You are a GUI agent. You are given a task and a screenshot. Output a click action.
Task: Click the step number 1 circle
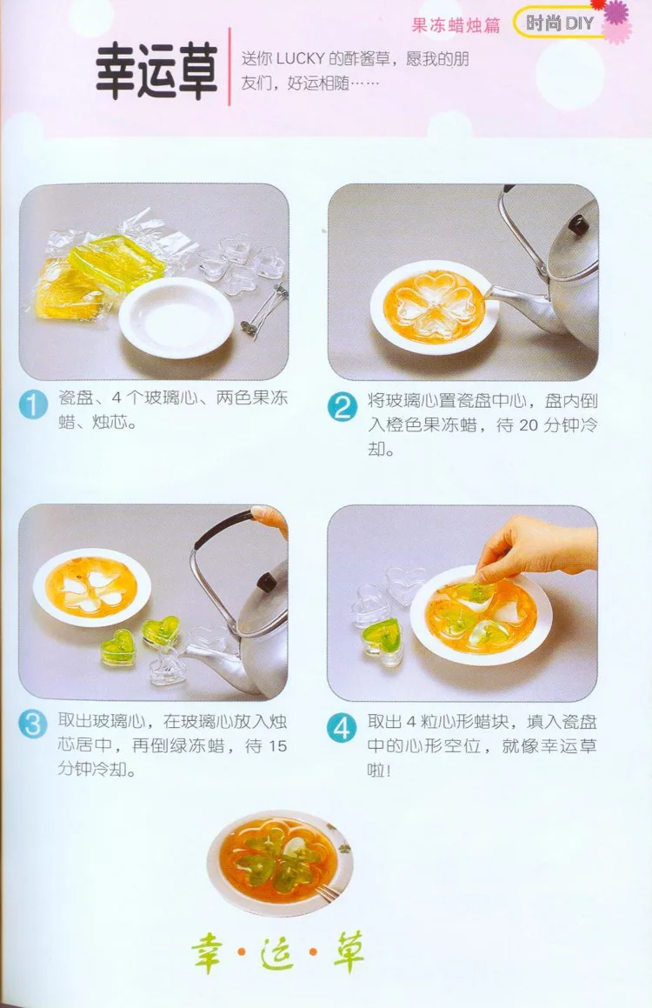pyautogui.click(x=33, y=405)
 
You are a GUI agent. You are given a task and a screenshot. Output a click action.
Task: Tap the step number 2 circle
pyautogui.click(x=343, y=408)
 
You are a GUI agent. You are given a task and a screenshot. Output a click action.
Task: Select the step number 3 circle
pyautogui.click(x=33, y=724)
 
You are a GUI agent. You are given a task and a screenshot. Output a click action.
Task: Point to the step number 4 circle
pyautogui.click(x=343, y=728)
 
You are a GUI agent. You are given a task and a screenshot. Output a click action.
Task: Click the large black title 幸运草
pyautogui.click(x=156, y=71)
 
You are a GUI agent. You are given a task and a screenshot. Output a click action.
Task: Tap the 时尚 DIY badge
pyautogui.click(x=560, y=23)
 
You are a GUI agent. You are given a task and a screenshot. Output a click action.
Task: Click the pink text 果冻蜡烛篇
pyautogui.click(x=456, y=25)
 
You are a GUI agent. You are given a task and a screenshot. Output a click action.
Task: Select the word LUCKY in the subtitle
pyautogui.click(x=300, y=58)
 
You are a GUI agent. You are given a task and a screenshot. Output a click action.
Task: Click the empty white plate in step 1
pyautogui.click(x=176, y=317)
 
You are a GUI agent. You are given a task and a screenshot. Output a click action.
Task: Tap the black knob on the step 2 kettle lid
pyautogui.click(x=579, y=224)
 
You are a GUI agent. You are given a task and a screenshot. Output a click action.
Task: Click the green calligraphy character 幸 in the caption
pyautogui.click(x=208, y=951)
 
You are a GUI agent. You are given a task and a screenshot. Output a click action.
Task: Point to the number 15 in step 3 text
pyautogui.click(x=276, y=745)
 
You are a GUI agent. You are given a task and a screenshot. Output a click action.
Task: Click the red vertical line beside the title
pyautogui.click(x=230, y=67)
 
